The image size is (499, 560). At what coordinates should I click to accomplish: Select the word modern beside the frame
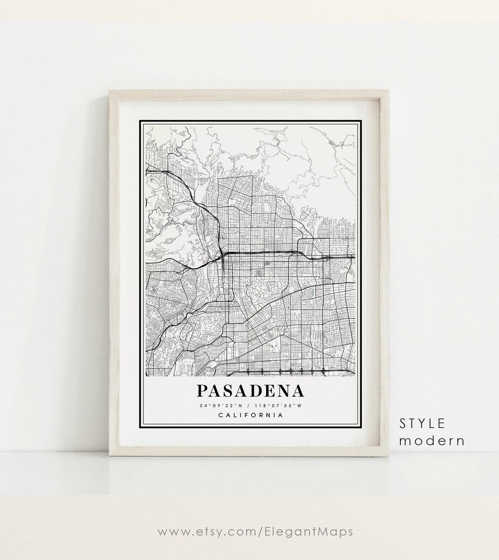pyautogui.click(x=432, y=440)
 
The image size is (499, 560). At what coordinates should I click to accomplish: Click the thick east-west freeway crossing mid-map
pyautogui.click(x=268, y=252)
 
